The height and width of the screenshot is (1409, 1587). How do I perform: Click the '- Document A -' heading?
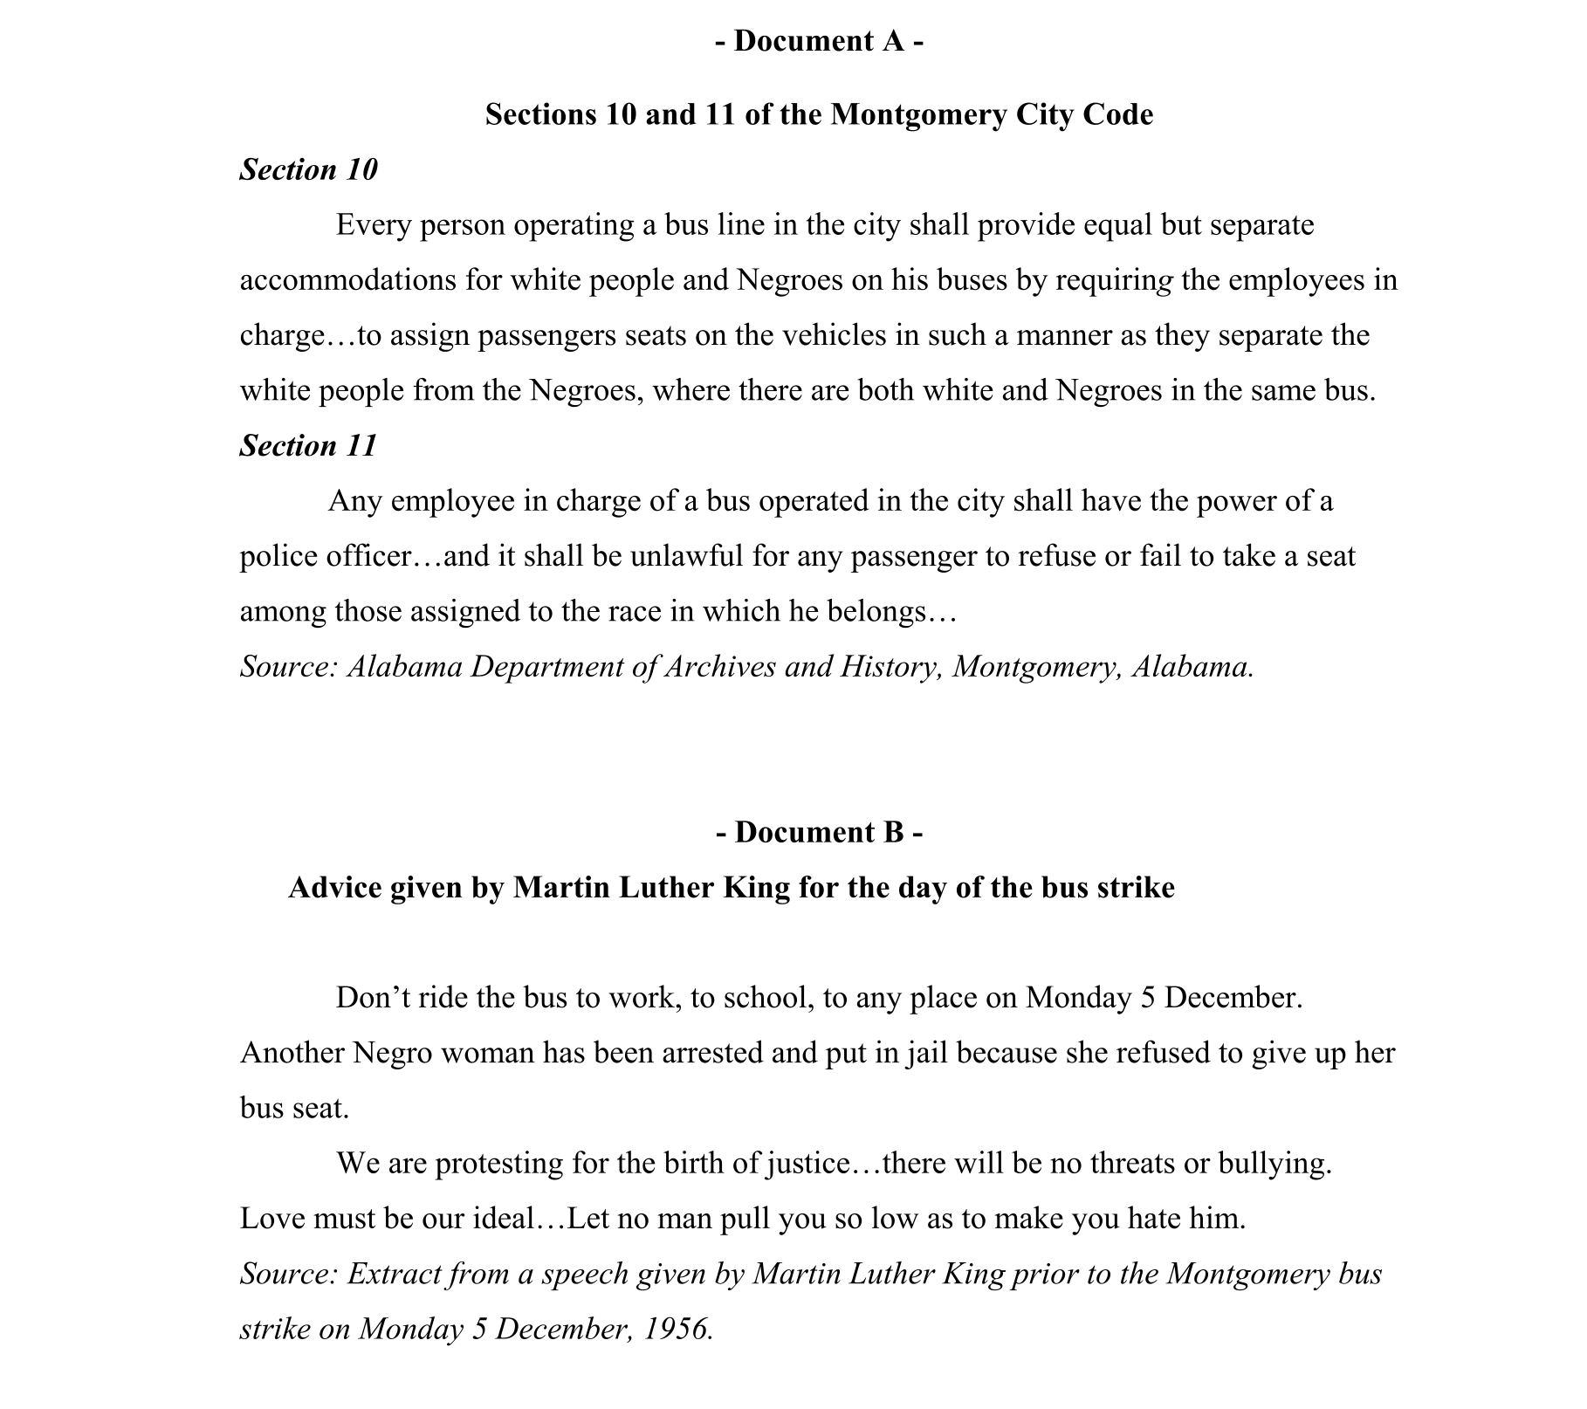pos(819,41)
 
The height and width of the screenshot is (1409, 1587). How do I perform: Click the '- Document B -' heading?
pos(819,832)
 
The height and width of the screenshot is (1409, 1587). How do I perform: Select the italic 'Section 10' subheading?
pos(308,169)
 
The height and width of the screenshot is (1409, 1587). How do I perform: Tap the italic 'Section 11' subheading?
pos(308,445)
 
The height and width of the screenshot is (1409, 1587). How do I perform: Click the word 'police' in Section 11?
pos(278,556)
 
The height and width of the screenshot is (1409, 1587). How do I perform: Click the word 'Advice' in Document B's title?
pos(333,888)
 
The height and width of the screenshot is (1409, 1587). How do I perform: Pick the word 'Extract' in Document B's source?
pos(394,1275)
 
